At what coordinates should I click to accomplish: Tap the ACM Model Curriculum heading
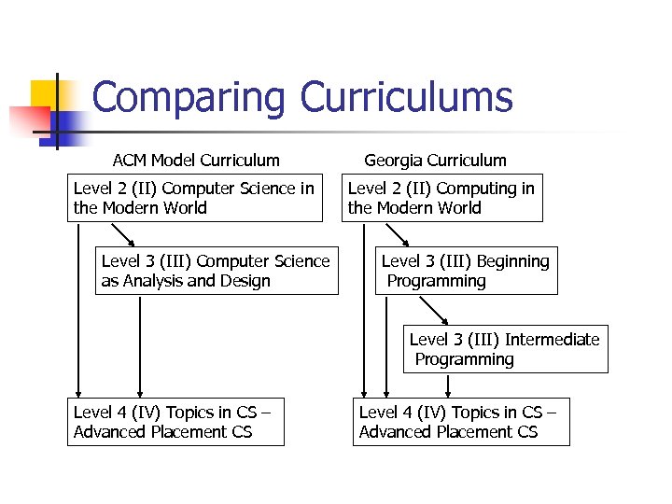[196, 161]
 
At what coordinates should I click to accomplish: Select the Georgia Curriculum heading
[435, 161]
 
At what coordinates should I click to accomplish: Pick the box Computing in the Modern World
[441, 198]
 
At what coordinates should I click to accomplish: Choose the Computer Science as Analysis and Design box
[217, 271]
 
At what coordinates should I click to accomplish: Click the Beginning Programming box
[466, 271]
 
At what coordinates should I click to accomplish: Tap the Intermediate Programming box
[505, 349]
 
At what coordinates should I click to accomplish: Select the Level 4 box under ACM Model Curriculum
[175, 422]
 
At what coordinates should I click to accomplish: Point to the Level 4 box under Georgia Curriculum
[461, 422]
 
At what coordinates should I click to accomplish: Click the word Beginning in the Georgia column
[512, 261]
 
